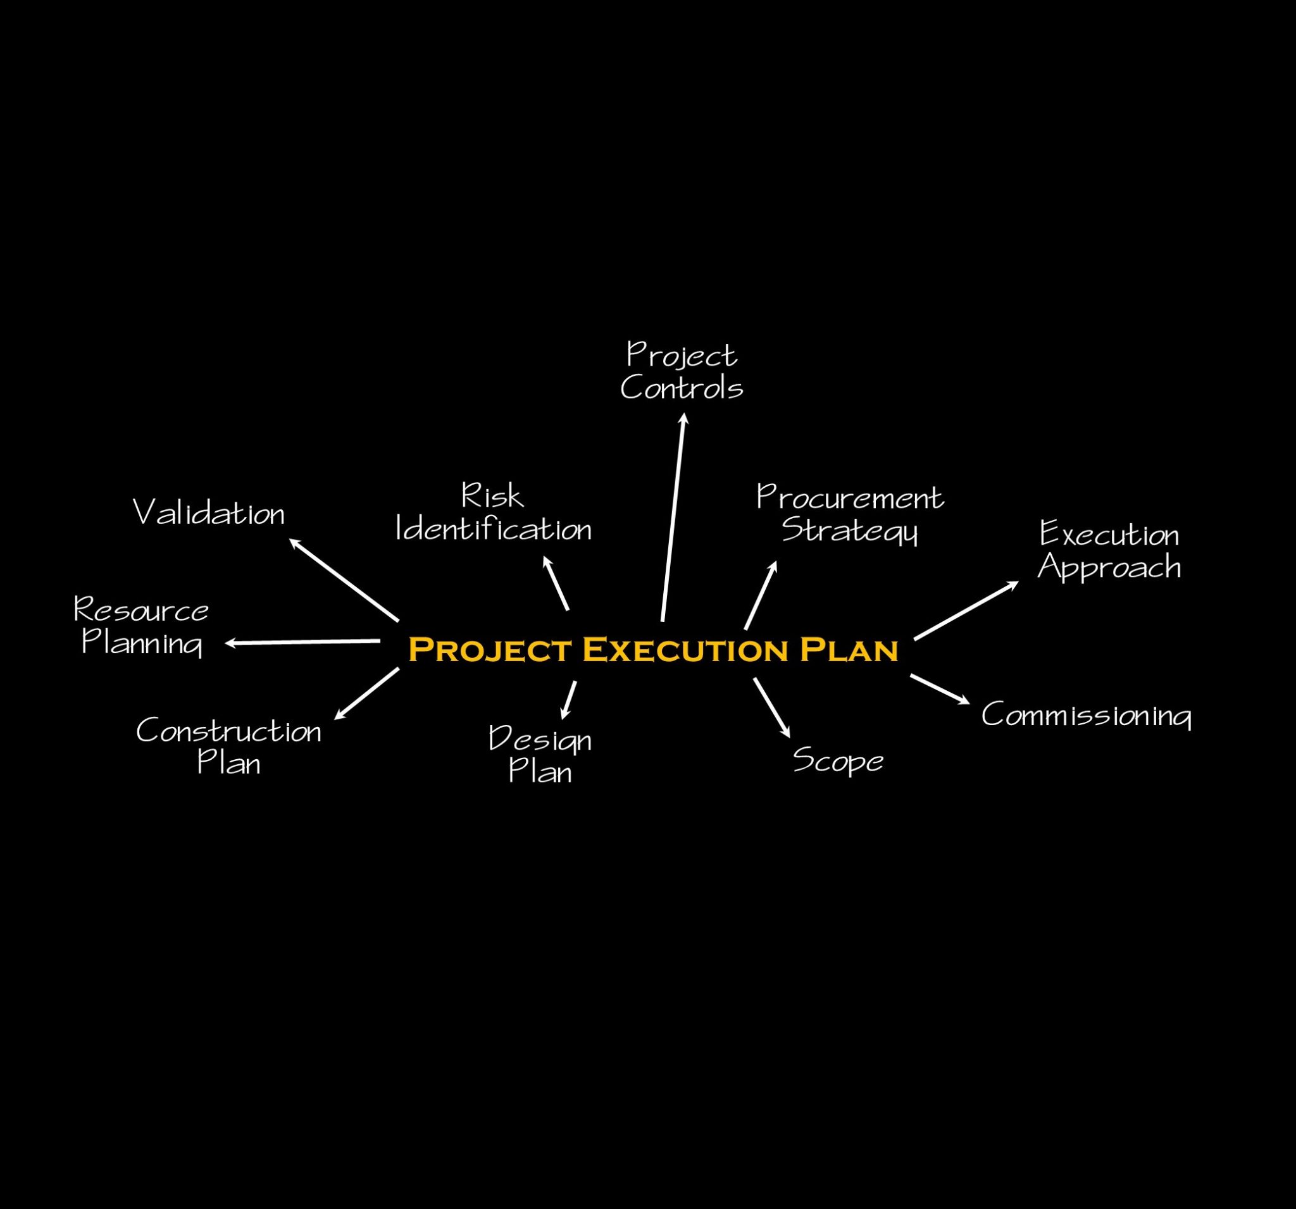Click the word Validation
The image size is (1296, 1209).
point(209,513)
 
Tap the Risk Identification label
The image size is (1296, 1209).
point(494,514)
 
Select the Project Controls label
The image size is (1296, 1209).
point(682,371)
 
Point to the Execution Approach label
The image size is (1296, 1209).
point(1109,551)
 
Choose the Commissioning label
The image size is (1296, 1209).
point(1086,715)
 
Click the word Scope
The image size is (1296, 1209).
point(838,760)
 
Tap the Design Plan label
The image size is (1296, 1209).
point(540,755)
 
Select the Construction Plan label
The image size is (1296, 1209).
point(229,747)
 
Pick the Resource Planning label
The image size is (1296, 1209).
point(142,626)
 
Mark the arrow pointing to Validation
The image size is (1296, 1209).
point(344,580)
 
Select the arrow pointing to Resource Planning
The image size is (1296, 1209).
point(302,642)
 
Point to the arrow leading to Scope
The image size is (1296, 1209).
point(772,708)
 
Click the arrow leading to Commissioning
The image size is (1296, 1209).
point(939,689)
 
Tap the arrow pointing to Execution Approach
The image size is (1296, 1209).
point(966,611)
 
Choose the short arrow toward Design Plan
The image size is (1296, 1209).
point(568,700)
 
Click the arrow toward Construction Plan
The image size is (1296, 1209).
point(366,693)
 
